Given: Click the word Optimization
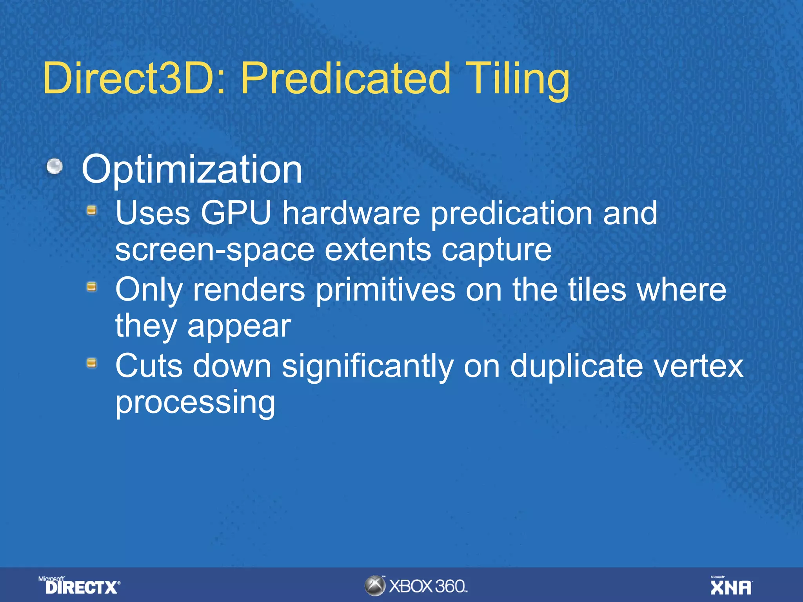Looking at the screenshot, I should [x=192, y=169].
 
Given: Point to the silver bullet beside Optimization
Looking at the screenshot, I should [x=55, y=166].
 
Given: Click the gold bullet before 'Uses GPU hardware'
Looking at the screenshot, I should [x=92, y=211].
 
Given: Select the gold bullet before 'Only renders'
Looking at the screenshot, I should [x=92, y=287].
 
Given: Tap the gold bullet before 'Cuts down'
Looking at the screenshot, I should [x=92, y=363].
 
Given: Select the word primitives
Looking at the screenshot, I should [x=385, y=290].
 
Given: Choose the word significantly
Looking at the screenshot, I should [x=368, y=367].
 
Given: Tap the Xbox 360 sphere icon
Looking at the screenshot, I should [x=375, y=586].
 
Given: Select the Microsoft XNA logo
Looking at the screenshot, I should [x=731, y=586].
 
